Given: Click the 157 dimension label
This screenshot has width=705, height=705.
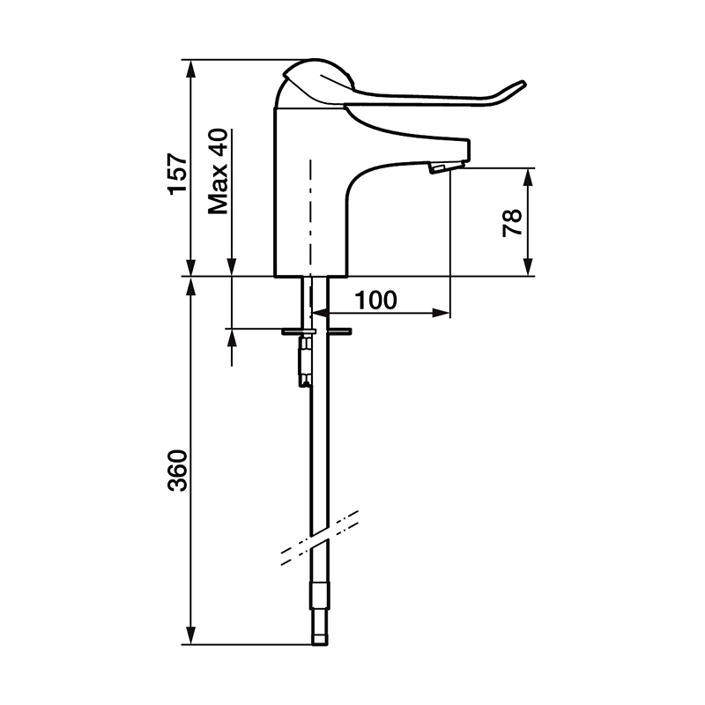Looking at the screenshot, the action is (177, 173).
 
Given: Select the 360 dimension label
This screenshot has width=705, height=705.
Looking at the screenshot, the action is (177, 470).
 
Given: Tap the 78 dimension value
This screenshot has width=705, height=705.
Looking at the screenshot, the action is (512, 223).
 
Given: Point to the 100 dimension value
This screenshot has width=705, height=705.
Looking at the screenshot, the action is (376, 300).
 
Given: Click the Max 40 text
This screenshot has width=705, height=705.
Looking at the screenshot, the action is (218, 171).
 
